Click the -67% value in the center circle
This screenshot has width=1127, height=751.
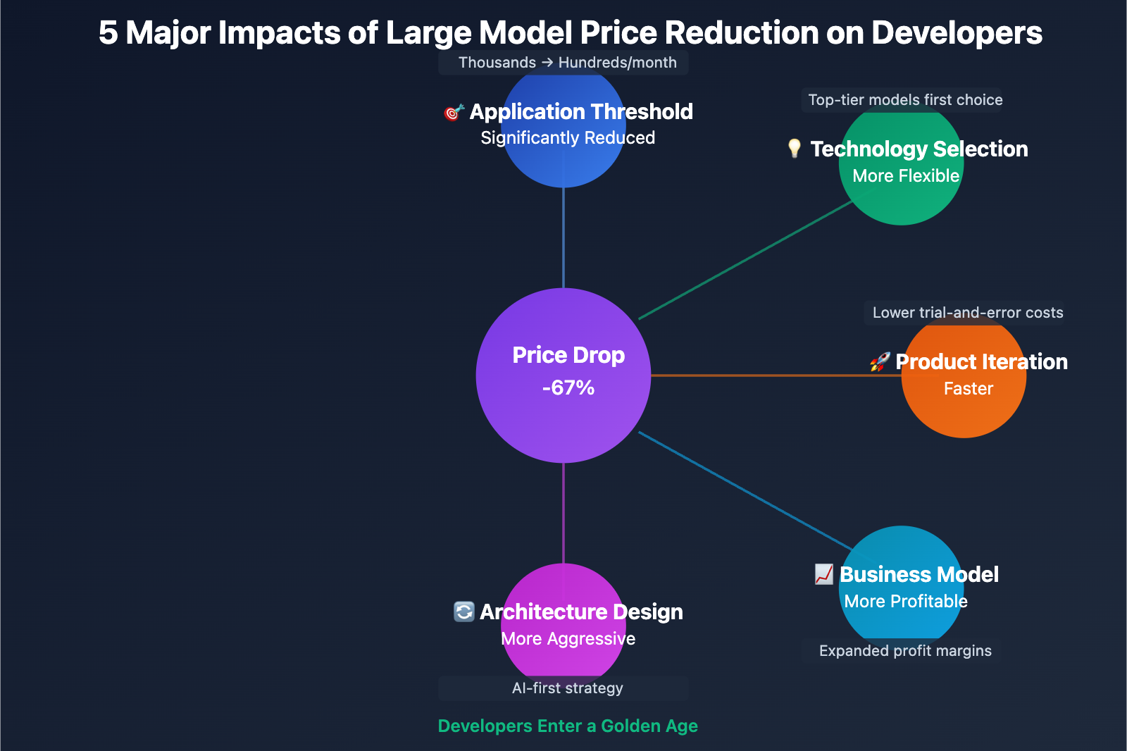click(x=568, y=388)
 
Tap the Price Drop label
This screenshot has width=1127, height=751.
click(x=568, y=355)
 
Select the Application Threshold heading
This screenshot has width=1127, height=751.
click(x=581, y=111)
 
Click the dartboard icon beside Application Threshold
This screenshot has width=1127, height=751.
click(x=454, y=112)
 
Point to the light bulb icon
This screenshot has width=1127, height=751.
click(x=794, y=148)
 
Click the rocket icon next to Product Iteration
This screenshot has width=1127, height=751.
click(x=879, y=362)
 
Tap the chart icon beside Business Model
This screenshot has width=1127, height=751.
click(x=823, y=574)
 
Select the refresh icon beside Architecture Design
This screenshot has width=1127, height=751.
click(x=463, y=612)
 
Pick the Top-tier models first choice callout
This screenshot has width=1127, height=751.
click(x=905, y=100)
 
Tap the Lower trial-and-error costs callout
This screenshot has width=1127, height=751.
click(x=967, y=313)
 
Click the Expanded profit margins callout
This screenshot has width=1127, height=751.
click(x=905, y=651)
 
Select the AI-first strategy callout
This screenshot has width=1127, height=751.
click(x=567, y=688)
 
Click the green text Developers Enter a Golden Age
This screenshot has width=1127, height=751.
click(x=568, y=726)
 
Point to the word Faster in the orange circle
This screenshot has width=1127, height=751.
click(x=968, y=389)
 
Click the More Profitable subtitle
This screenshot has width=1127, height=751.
click(x=906, y=602)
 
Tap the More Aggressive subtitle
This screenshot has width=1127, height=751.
click(x=568, y=639)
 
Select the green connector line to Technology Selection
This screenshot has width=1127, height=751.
click(x=747, y=260)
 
